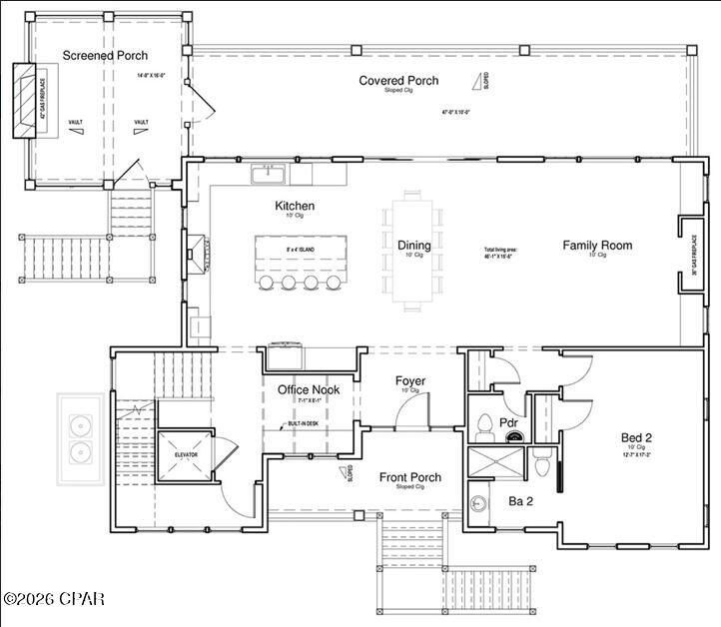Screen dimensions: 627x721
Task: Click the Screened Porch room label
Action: [x=105, y=56]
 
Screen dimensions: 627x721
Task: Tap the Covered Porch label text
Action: [x=400, y=80]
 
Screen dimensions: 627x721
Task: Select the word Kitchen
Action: [x=295, y=207]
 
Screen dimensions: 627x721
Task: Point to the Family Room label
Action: [x=597, y=245]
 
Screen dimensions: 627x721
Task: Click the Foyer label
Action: [x=410, y=380]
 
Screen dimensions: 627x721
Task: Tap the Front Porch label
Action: [x=410, y=477]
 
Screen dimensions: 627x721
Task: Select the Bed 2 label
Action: [x=638, y=438]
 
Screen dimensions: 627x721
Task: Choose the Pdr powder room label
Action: [x=509, y=422]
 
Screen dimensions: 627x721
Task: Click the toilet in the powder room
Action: [x=483, y=428]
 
